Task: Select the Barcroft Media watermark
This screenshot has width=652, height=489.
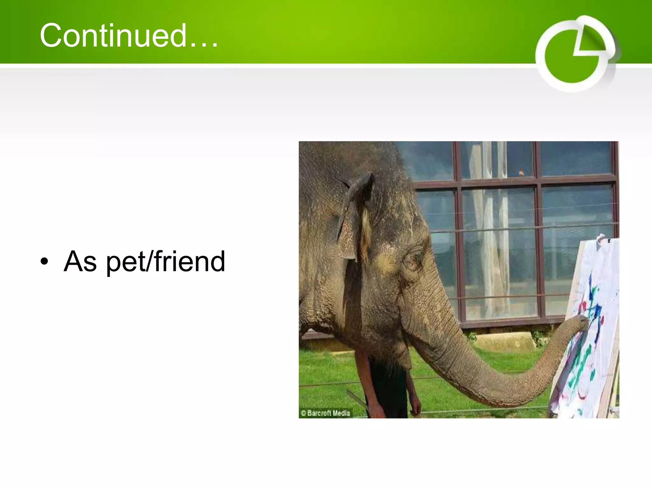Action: click(x=325, y=413)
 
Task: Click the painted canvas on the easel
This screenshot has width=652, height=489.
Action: click(x=592, y=334)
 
